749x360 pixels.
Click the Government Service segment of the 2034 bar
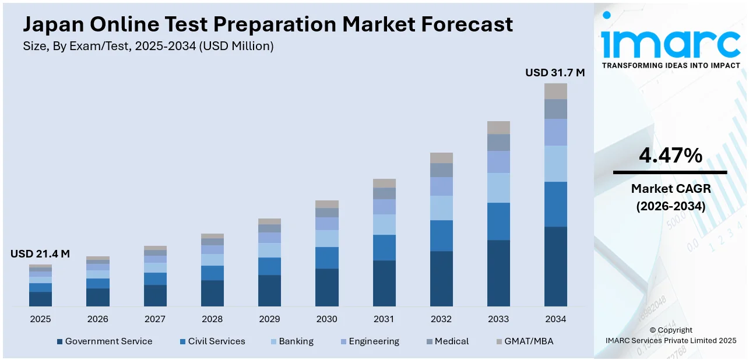click(x=555, y=266)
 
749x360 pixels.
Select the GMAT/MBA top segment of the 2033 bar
click(x=498, y=128)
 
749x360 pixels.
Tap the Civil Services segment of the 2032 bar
click(x=441, y=235)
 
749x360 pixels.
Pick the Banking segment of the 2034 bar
click(x=555, y=164)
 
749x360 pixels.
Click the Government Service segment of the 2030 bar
click(x=326, y=287)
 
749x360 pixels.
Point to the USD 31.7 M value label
click(x=555, y=73)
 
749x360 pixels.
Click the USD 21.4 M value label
click(x=40, y=254)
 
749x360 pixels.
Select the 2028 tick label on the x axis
click(x=212, y=319)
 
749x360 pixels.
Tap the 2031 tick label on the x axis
click(x=384, y=319)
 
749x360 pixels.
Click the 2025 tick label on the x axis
click(x=40, y=319)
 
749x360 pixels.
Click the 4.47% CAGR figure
click(x=670, y=156)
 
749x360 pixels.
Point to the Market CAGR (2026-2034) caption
click(x=670, y=197)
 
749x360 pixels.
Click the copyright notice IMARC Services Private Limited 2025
click(x=670, y=340)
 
